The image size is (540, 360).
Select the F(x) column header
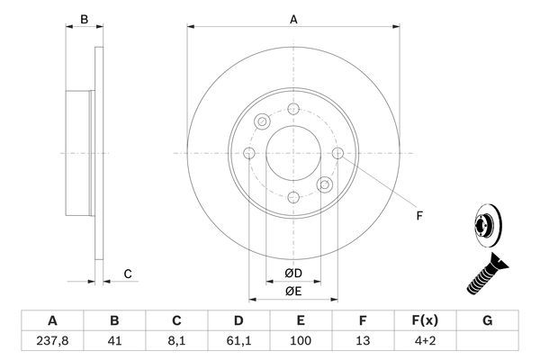click(425, 320)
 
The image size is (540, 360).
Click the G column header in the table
click(487, 320)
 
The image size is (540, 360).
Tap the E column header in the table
click(301, 320)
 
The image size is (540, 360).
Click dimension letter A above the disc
click(292, 19)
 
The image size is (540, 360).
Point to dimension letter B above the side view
click(84, 19)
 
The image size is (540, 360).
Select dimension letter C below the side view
click(128, 274)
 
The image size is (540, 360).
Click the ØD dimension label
click(292, 274)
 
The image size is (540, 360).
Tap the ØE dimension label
click(292, 290)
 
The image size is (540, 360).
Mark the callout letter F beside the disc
click(418, 216)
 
